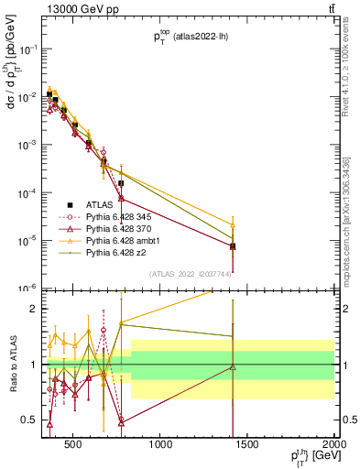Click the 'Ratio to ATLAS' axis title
pyautogui.click(x=14, y=365)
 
